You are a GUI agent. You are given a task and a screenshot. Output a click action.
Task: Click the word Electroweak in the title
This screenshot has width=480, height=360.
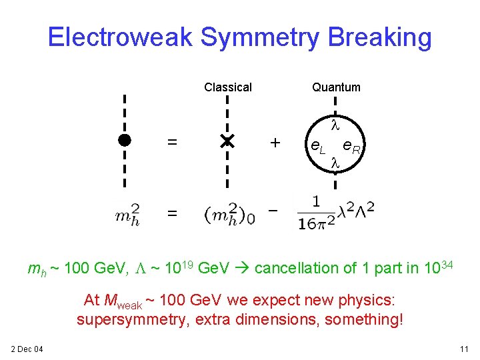tap(120, 37)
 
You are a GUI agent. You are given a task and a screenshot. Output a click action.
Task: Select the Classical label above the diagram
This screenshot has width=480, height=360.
tap(228, 87)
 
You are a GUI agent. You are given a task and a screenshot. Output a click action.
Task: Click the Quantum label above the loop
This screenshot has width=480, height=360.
tap(336, 87)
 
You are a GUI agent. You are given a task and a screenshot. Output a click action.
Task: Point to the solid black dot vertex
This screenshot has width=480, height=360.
tap(124, 140)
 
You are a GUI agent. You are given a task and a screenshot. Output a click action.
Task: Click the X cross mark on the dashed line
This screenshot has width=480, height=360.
tap(227, 141)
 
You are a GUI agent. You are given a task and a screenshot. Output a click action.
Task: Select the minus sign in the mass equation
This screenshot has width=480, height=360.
tap(272, 210)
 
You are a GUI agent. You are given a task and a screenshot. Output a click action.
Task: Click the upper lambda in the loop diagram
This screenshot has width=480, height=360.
tap(336, 125)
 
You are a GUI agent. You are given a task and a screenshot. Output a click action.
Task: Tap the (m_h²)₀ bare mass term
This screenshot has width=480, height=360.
tap(230, 213)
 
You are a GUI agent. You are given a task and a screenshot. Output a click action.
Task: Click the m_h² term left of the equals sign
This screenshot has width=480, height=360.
tap(127, 214)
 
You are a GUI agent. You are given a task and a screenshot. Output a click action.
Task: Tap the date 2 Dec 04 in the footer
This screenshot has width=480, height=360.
tap(27, 349)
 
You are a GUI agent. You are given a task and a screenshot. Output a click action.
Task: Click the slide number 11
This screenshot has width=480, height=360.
tap(464, 349)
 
